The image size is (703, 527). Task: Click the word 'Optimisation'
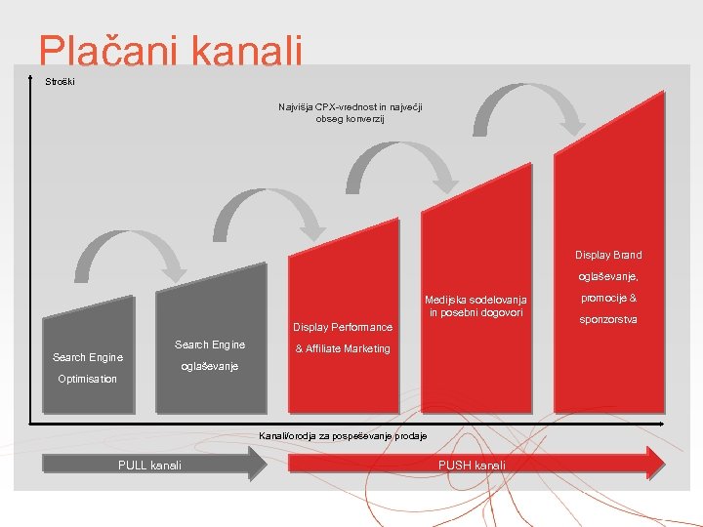coord(88,379)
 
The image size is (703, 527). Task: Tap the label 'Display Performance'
coord(343,327)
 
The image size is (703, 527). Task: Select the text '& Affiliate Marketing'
coord(343,348)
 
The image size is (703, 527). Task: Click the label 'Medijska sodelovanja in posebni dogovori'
coord(476,305)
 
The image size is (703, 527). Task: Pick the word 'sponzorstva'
coord(607,319)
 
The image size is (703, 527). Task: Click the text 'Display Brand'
coord(607,255)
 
